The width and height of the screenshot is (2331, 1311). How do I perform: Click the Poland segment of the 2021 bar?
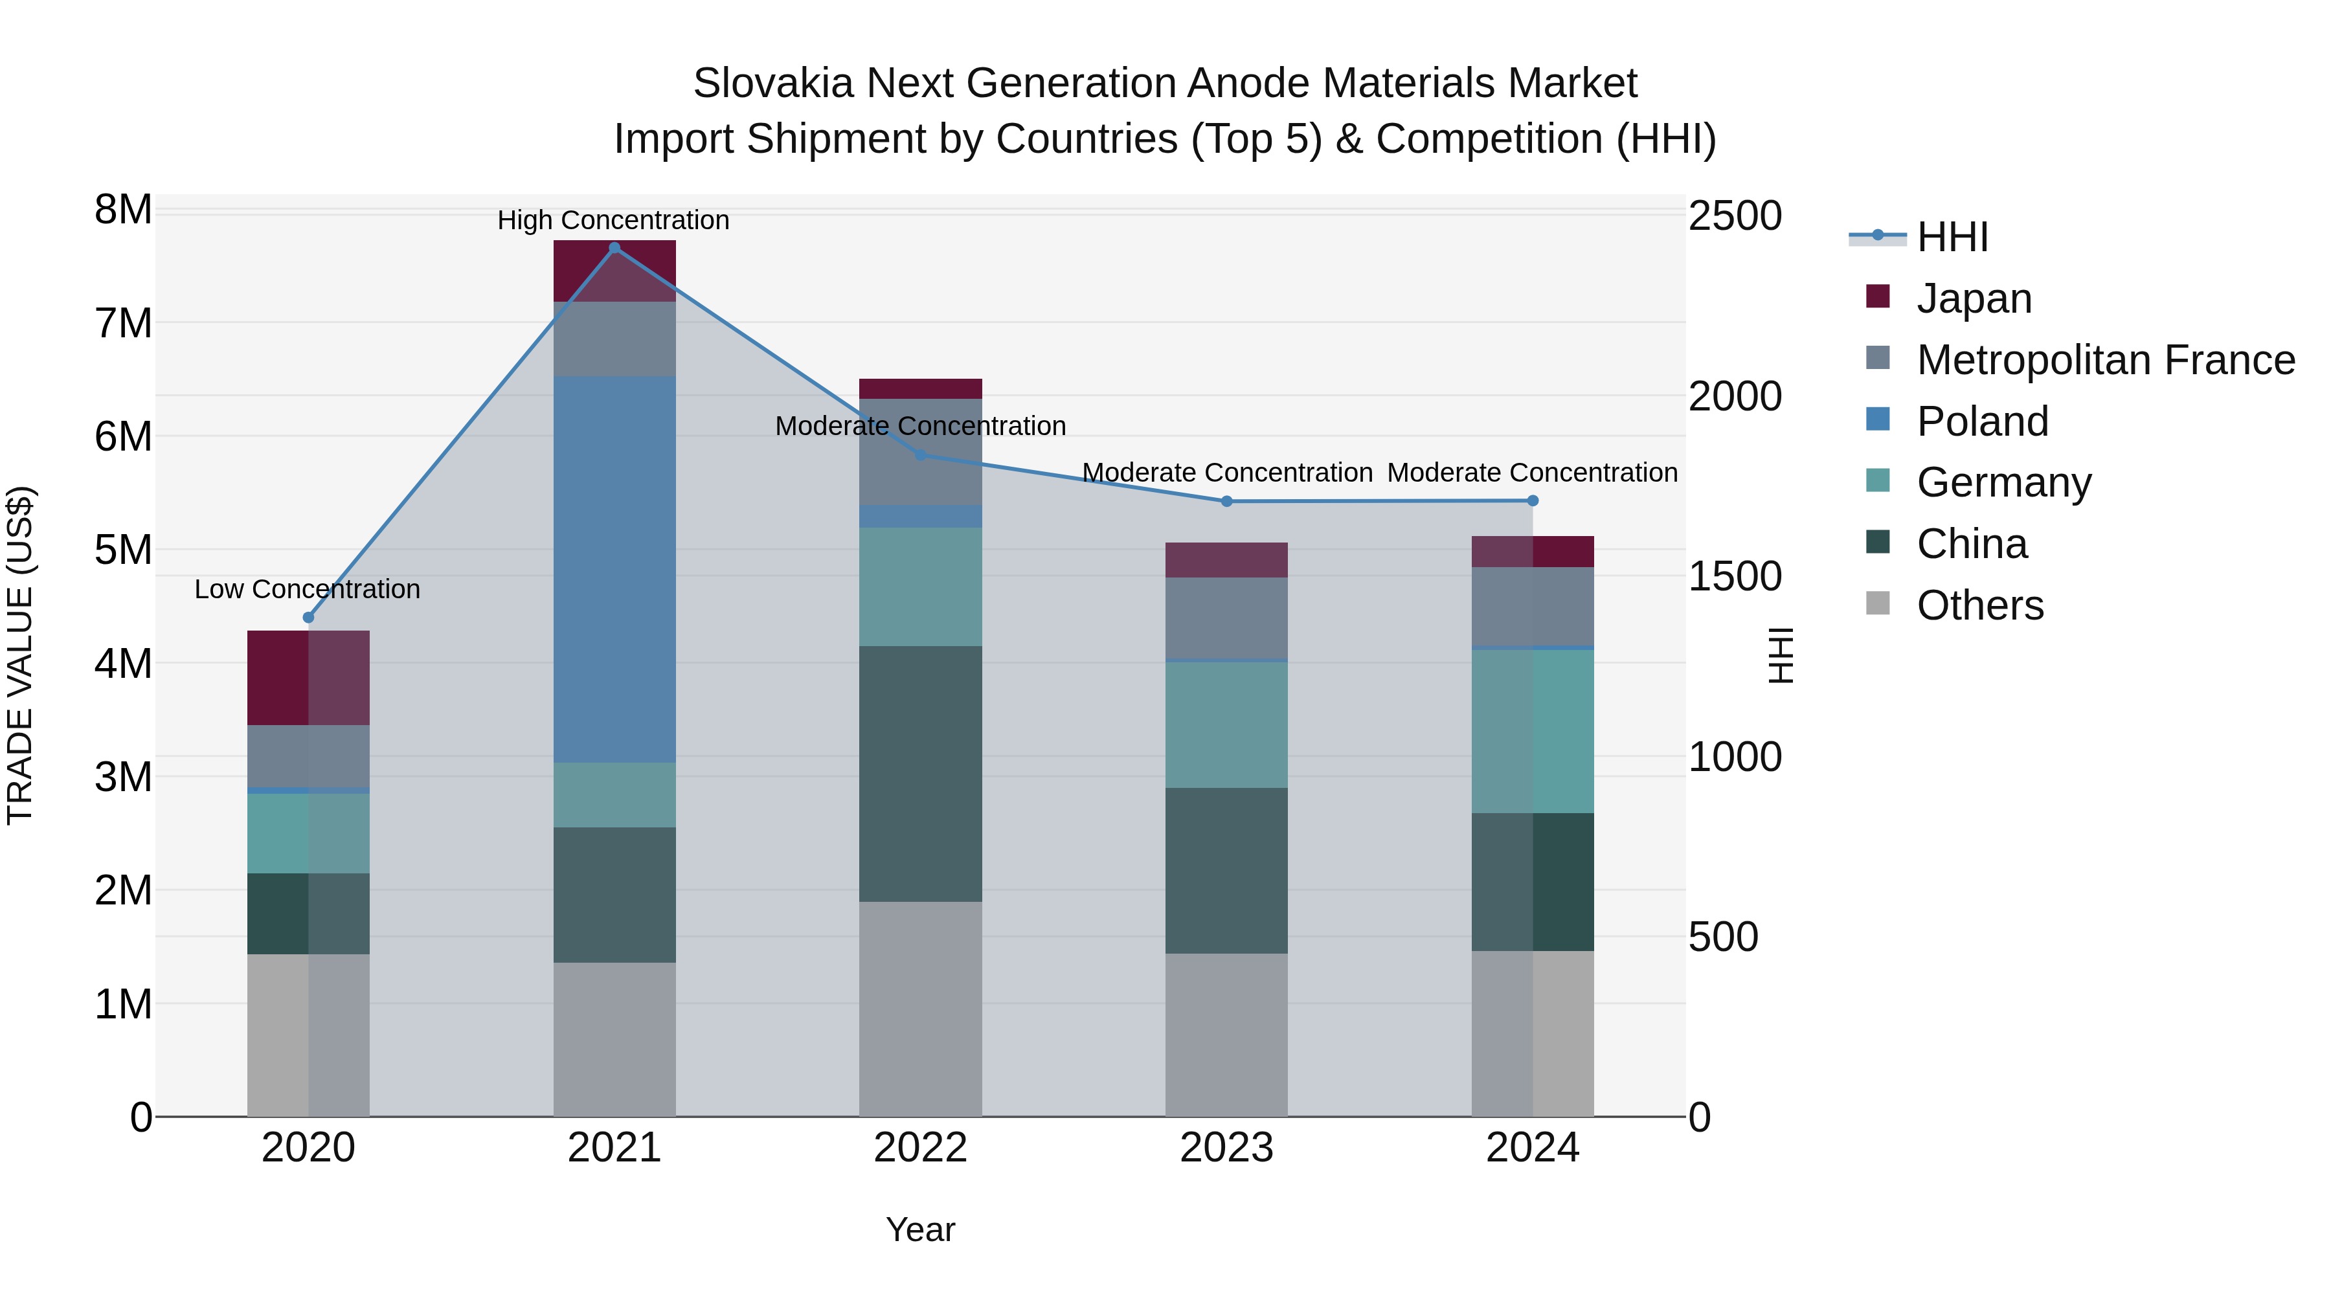pyautogui.click(x=614, y=570)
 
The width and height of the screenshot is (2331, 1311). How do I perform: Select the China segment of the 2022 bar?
pyautogui.click(x=920, y=774)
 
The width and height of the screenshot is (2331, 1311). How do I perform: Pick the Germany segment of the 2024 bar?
pyautogui.click(x=1532, y=731)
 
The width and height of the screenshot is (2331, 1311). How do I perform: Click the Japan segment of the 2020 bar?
pyautogui.click(x=308, y=678)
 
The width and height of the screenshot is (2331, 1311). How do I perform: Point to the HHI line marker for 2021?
pyautogui.click(x=614, y=248)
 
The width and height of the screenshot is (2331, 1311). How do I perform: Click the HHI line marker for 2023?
pyautogui.click(x=1227, y=501)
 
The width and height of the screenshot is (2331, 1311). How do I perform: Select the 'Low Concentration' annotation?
pyautogui.click(x=308, y=589)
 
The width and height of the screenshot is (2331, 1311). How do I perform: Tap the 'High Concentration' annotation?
pyautogui.click(x=614, y=220)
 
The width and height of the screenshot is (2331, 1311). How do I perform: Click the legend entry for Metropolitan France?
pyautogui.click(x=2105, y=360)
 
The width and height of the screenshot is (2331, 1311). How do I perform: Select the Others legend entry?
pyautogui.click(x=1980, y=605)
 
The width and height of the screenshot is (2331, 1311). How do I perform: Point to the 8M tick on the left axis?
pyautogui.click(x=123, y=210)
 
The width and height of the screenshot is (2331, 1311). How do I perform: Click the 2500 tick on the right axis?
pyautogui.click(x=1735, y=216)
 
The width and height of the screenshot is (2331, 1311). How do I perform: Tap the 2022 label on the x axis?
pyautogui.click(x=920, y=1148)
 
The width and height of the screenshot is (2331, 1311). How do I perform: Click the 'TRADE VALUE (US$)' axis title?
pyautogui.click(x=20, y=656)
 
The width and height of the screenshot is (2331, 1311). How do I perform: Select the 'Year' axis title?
pyautogui.click(x=920, y=1229)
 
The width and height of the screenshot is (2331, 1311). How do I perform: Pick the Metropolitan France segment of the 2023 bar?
pyautogui.click(x=1226, y=618)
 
